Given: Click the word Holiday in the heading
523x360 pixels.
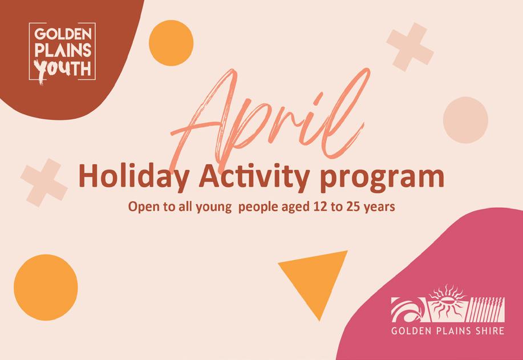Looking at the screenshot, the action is (134, 177).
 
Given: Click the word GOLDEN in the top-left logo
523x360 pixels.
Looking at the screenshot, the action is (63, 34).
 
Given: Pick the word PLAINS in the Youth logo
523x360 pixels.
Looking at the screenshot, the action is (63, 50).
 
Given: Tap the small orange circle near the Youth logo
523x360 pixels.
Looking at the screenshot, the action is (171, 43).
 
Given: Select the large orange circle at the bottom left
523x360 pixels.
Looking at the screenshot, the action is (46, 288).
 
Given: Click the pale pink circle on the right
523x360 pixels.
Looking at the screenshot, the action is (465, 120).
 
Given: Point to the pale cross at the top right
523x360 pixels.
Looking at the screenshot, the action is (410, 47).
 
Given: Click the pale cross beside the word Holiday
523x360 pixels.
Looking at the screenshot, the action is (44, 183).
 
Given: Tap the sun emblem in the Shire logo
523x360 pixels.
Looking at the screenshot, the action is (446, 302).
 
